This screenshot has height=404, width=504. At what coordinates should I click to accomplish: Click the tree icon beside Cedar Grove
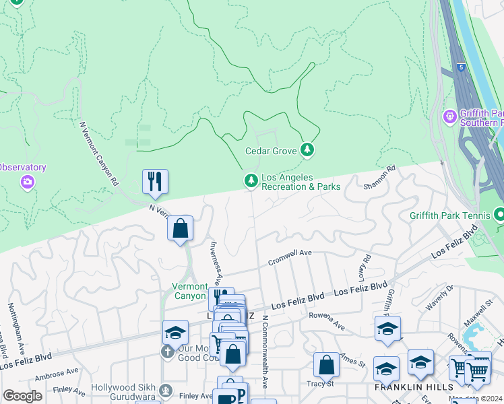(307, 149)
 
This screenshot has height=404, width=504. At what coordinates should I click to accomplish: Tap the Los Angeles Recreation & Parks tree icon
(251, 180)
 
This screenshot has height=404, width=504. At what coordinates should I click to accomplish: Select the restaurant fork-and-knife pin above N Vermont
(155, 181)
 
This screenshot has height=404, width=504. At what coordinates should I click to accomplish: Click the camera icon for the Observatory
(28, 181)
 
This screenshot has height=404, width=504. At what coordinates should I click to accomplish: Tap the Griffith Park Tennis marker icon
(499, 215)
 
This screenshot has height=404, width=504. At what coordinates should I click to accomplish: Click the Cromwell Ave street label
(290, 258)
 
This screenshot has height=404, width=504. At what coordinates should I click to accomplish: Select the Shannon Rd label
(379, 178)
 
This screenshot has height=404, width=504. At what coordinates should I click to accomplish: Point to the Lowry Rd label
(366, 268)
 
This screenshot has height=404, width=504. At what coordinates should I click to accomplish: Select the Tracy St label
(321, 384)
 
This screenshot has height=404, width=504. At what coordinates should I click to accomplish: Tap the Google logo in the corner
(22, 396)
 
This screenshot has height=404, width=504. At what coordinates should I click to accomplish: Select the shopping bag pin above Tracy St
(326, 364)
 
